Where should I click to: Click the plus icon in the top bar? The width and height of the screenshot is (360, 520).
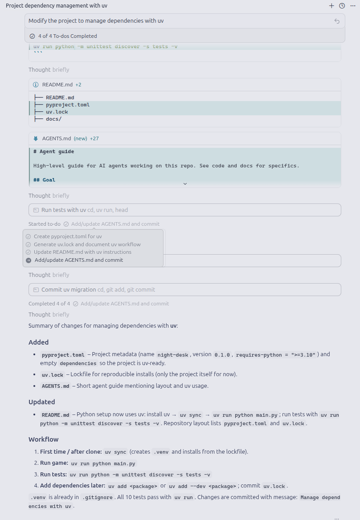tap(331, 6)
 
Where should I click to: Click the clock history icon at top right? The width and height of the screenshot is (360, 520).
tap(342, 6)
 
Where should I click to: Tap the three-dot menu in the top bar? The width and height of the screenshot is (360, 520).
tap(353, 6)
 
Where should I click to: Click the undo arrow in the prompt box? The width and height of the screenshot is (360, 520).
tap(337, 21)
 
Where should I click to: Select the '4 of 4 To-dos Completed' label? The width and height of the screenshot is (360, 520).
tap(67, 36)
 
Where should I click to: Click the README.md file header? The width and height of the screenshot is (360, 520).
tap(57, 85)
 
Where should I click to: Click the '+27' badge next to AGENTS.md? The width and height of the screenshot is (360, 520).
tap(94, 138)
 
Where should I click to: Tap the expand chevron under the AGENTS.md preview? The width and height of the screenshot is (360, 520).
tap(185, 183)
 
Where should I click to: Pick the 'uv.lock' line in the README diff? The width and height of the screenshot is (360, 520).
tap(57, 112)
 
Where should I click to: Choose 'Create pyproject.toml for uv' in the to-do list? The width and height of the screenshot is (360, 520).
tap(68, 236)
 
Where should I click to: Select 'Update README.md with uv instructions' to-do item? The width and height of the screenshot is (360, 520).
tap(82, 252)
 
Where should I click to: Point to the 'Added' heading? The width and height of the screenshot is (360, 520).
tap(39, 342)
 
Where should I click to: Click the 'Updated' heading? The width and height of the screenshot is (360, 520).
tap(42, 402)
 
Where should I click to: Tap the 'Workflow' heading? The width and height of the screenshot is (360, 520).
tap(44, 439)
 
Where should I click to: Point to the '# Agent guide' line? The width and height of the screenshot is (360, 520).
tap(54, 151)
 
